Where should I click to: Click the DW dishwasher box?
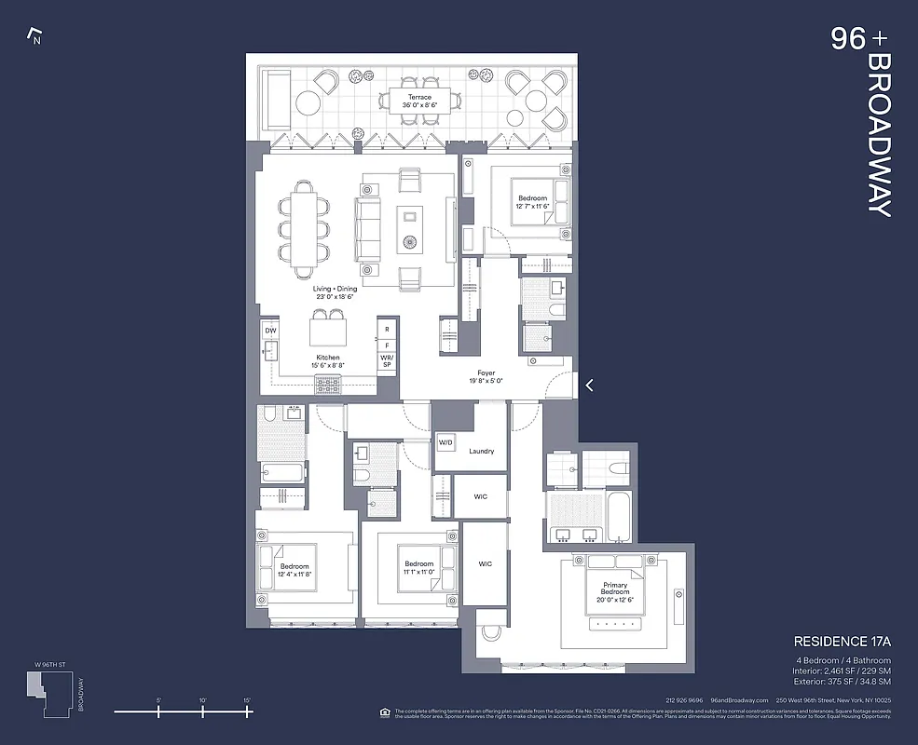coord(270,331)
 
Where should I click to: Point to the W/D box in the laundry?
coord(446,442)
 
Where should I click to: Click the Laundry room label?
coord(481,452)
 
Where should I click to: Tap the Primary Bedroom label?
coord(615,591)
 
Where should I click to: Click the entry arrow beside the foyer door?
coord(589,385)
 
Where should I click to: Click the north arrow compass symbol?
coord(35,37)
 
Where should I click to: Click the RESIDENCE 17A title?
coord(842,642)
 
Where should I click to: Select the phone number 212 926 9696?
coord(684,700)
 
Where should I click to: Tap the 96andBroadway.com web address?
coord(739,700)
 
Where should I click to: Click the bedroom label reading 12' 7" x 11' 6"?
coord(533,202)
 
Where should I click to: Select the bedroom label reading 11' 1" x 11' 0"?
coord(418,568)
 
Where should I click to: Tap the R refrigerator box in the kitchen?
coord(387,330)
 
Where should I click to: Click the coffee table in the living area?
coord(410,229)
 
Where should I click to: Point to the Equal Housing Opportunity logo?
coord(385,712)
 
